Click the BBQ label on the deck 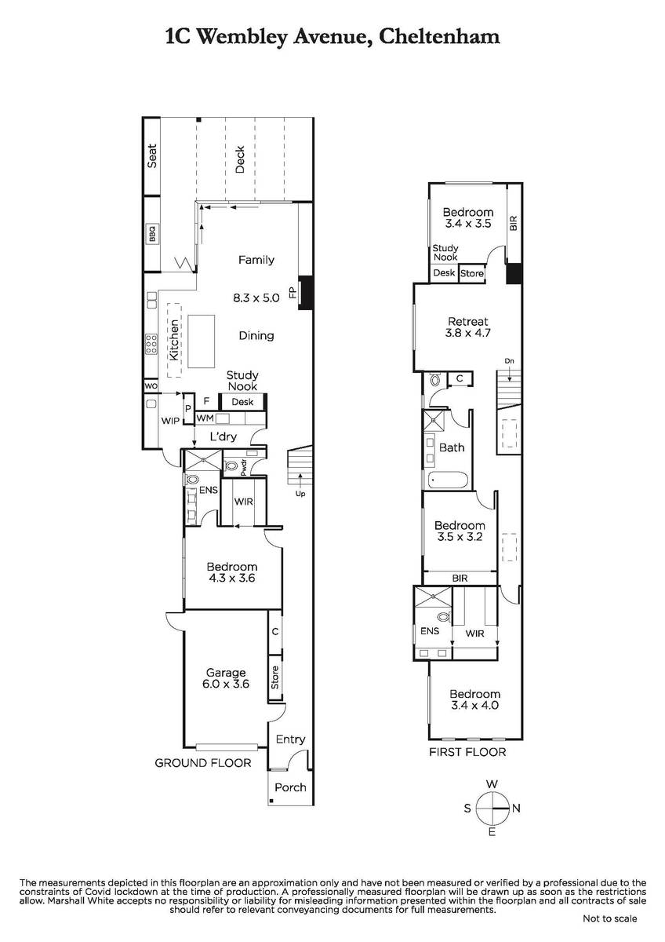pos(152,234)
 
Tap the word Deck pos(239,159)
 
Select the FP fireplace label pos(293,292)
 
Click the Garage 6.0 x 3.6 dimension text pos(226,685)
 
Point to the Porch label pos(290,787)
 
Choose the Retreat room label pos(468,322)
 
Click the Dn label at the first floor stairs pos(509,361)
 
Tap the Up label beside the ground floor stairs pos(300,494)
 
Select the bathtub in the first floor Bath pos(447,480)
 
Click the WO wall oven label pos(151,385)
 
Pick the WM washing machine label pos(205,418)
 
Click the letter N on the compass pos(516,808)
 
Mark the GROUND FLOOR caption pos(203,763)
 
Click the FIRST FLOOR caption pos(467,752)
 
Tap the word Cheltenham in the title pos(439,37)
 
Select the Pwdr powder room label pos(243,468)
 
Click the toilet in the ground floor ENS pos(191,480)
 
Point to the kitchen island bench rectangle pos(202,341)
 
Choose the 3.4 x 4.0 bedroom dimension pos(474,705)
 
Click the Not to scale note pos(609,919)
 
